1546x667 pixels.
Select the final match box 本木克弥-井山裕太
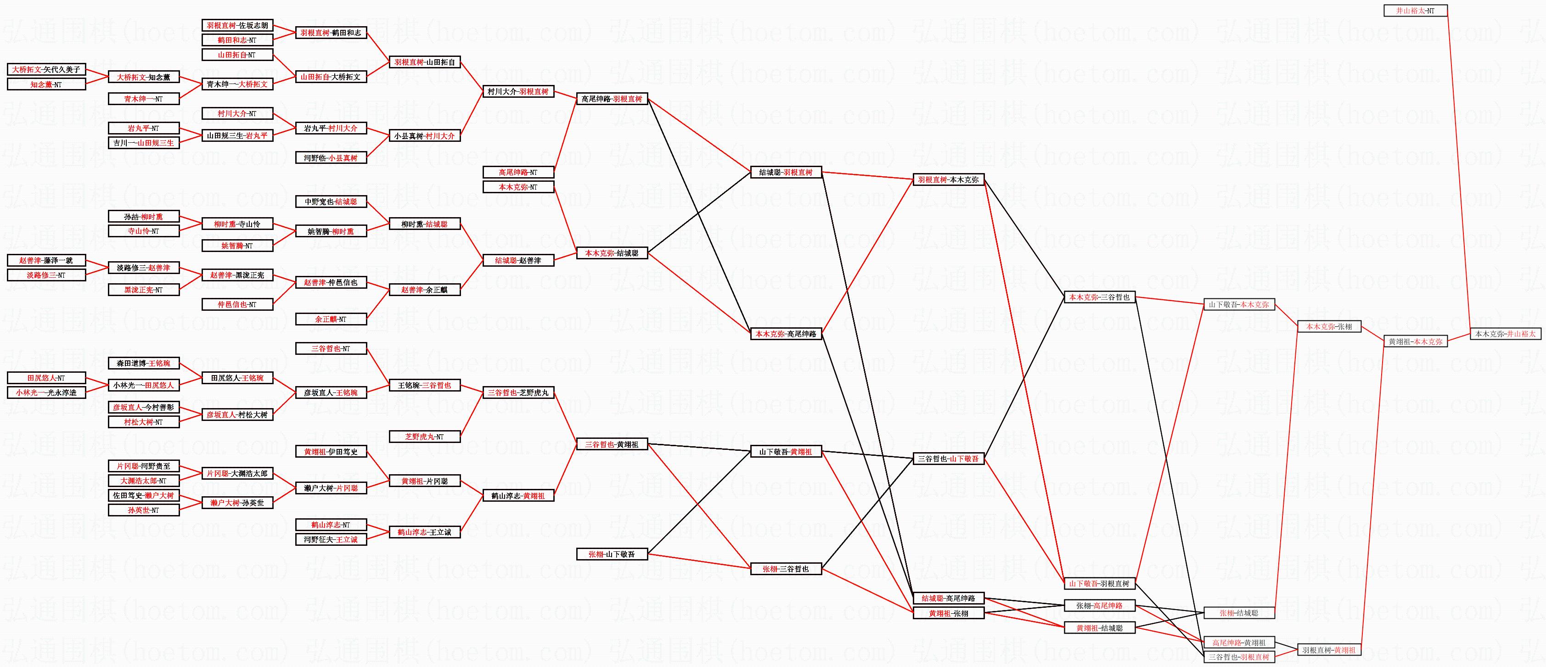click(x=1505, y=334)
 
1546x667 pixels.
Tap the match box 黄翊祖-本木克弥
click(x=1415, y=342)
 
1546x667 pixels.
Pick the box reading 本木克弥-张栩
click(x=1329, y=327)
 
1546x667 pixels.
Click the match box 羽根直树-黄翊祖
click(x=1329, y=650)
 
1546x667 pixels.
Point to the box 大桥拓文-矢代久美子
click(x=46, y=70)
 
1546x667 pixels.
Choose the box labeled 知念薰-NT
click(x=46, y=84)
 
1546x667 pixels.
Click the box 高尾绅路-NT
click(x=518, y=172)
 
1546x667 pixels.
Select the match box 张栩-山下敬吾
click(x=612, y=554)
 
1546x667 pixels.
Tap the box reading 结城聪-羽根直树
click(x=786, y=173)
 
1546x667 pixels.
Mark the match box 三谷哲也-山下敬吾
click(x=948, y=459)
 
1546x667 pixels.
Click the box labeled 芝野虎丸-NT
click(x=424, y=437)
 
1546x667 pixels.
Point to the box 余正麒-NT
click(x=331, y=319)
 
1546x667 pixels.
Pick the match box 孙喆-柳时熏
click(x=143, y=217)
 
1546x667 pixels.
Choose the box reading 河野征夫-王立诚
click(x=331, y=540)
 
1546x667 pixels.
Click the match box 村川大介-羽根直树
click(x=518, y=92)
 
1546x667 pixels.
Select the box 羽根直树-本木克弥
click(x=948, y=179)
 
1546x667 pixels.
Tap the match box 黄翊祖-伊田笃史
click(x=331, y=452)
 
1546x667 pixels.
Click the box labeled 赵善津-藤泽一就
click(x=46, y=260)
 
